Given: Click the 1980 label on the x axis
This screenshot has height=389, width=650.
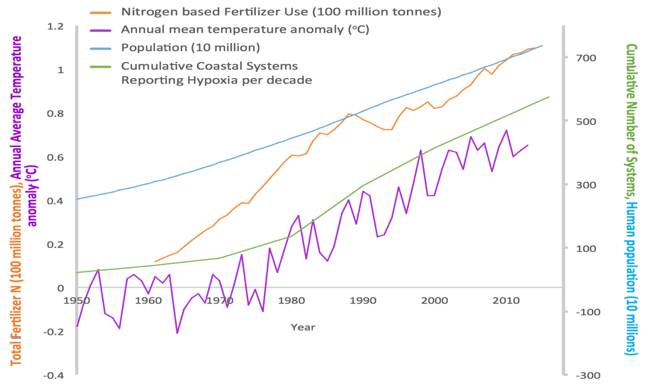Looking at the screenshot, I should pos(291,299).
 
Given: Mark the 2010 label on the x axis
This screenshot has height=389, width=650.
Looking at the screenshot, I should pos(505,299).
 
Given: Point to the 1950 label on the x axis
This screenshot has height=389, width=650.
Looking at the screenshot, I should pos(77,299).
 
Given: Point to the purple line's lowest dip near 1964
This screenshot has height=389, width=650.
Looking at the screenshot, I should pos(177,333).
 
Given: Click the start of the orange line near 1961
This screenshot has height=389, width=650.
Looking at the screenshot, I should pos(155,262).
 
